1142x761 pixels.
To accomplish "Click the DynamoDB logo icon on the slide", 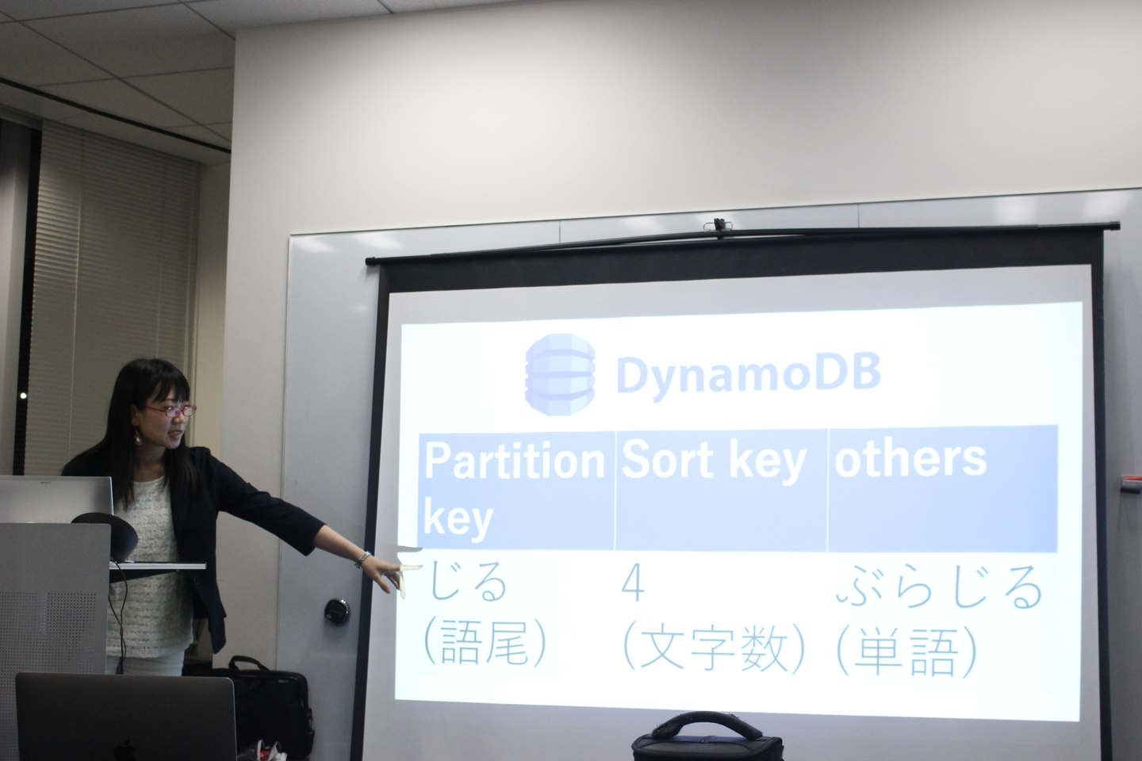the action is coord(560,374).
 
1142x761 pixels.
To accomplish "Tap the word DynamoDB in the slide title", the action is coord(749,373).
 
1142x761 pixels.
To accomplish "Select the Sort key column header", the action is coord(714,461).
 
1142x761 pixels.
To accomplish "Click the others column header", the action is coord(910,459).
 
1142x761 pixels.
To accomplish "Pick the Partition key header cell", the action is coord(515,491).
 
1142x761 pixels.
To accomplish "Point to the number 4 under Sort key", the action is coord(633,586).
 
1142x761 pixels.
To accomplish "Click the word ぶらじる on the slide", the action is coord(939,587).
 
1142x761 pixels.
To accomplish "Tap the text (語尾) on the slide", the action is coord(485,642).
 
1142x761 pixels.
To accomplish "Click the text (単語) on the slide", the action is coord(906,652).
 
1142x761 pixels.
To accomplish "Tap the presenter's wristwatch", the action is coord(362,559).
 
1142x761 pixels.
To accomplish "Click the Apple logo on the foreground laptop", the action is coord(122,752).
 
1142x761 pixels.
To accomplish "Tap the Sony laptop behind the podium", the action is coord(56,499).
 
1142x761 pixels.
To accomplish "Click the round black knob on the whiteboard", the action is coord(337,610).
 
